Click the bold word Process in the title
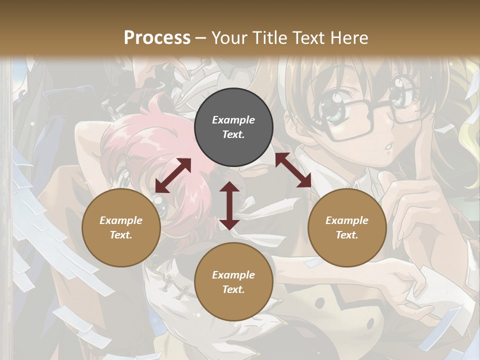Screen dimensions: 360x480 click(x=157, y=38)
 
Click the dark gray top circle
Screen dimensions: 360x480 click(x=233, y=127)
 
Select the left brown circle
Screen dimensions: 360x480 click(x=121, y=227)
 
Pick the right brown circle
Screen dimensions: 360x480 click(x=347, y=227)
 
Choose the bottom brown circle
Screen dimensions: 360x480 click(x=233, y=282)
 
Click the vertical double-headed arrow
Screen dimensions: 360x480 click(x=229, y=205)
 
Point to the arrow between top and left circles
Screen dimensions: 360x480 click(x=173, y=175)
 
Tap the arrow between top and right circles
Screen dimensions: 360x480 click(x=293, y=170)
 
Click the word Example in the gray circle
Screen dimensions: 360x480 click(x=233, y=120)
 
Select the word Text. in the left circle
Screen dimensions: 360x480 click(x=121, y=235)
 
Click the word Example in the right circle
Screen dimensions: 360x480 click(x=347, y=220)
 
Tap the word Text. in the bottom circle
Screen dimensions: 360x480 click(x=233, y=289)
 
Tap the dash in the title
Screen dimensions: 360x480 click(x=201, y=38)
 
